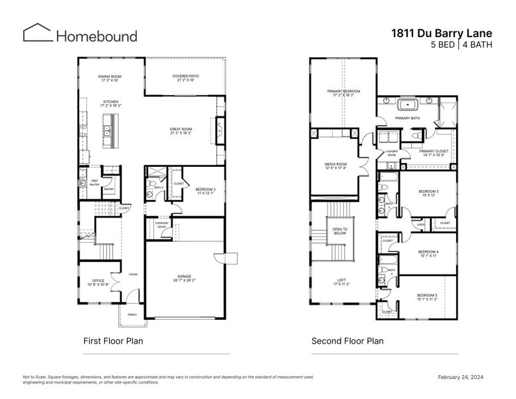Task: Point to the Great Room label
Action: (181, 131)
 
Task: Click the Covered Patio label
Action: (185, 78)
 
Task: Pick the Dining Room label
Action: (108, 78)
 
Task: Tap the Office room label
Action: (99, 282)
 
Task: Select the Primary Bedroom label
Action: (343, 92)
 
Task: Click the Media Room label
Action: (337, 166)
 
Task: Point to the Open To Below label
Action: (340, 231)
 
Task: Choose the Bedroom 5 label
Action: (428, 297)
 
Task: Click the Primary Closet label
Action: (433, 152)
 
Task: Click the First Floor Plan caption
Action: (113, 341)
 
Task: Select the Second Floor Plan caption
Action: (347, 341)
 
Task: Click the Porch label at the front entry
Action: (131, 315)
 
